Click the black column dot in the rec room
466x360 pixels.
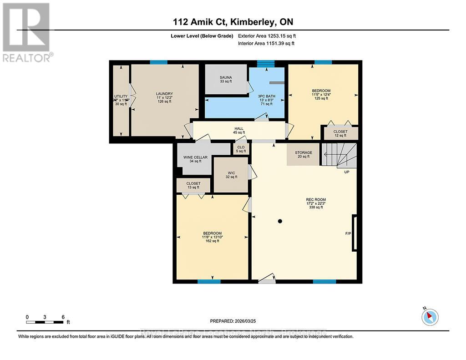[x=280, y=222]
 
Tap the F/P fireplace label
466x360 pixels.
[x=348, y=233]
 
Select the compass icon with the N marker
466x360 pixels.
[x=430, y=316]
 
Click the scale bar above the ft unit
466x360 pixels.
[x=45, y=322]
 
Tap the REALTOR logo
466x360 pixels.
[x=27, y=32]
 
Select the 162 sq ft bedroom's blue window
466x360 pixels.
[x=209, y=282]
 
